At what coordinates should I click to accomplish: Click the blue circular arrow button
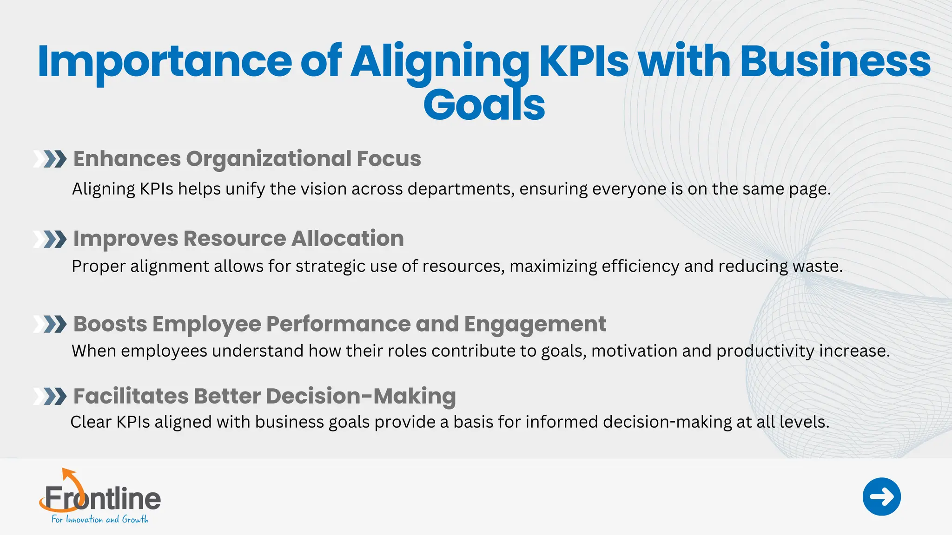click(881, 496)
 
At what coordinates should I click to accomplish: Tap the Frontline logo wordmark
click(103, 499)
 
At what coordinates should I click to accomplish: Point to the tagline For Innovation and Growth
click(99, 519)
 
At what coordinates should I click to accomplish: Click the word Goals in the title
click(484, 105)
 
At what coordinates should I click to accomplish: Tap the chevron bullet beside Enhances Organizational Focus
click(50, 159)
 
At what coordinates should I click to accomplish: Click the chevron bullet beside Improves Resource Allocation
click(50, 239)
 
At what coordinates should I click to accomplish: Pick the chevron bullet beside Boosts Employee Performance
click(50, 324)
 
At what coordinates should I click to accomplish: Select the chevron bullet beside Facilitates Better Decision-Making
click(50, 397)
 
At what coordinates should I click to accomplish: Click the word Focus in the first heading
click(389, 159)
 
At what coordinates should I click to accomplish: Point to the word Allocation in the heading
click(347, 239)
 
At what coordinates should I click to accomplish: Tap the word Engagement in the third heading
click(535, 325)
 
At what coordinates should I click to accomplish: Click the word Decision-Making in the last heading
click(361, 397)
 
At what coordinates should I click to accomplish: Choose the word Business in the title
click(835, 61)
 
